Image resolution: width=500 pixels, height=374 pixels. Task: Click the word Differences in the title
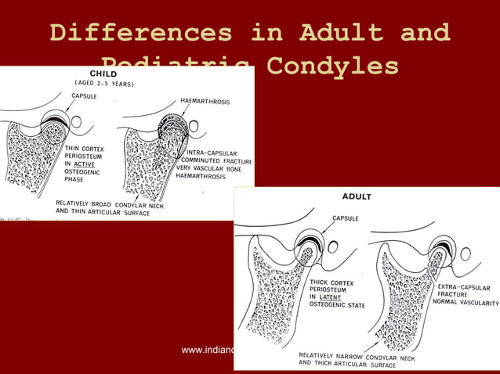pos(140,33)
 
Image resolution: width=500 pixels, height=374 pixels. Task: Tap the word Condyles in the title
pos(332,65)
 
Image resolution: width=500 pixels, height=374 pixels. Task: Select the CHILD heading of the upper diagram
pos(104,74)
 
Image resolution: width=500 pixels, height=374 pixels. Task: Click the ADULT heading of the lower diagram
pos(356,196)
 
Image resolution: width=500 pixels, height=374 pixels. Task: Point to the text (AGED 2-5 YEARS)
pos(104,83)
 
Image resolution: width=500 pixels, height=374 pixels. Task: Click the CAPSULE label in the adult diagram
pos(346,218)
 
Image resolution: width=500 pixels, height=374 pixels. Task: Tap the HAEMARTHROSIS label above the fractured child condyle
pos(205,101)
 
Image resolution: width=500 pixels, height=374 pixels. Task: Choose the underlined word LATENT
pos(332,297)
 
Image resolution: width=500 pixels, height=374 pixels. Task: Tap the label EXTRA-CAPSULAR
pos(464,287)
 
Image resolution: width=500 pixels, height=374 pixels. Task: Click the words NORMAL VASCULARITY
pos(467,303)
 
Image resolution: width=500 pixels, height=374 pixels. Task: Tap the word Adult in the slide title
pos(341,33)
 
